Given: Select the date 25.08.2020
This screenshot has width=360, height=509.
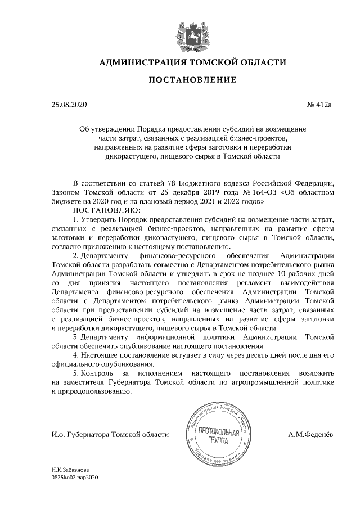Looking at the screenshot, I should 69,105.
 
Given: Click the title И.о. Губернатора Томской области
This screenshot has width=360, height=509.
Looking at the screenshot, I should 110,434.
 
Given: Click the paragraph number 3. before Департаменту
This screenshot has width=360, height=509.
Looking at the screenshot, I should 76,336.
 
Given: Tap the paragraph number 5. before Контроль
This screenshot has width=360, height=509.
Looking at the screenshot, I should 76,373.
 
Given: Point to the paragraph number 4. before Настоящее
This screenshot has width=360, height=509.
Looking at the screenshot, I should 76,354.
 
